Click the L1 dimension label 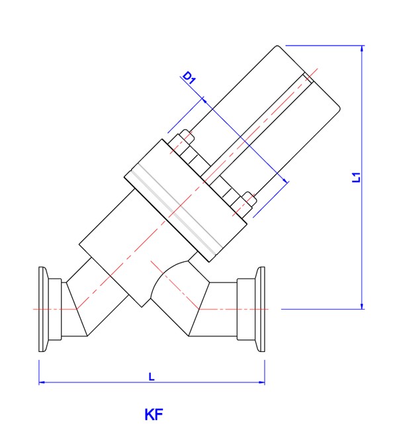click(x=356, y=177)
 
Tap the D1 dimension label click(x=189, y=79)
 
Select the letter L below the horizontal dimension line click(x=152, y=377)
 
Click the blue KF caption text click(x=154, y=415)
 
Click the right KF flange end click(x=259, y=308)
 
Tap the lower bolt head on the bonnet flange click(x=249, y=199)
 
